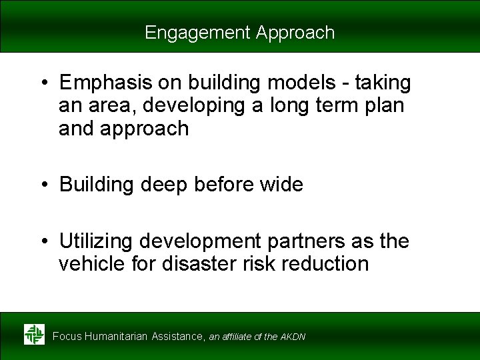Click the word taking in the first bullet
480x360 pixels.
point(383,83)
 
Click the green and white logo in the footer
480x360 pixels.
point(34,334)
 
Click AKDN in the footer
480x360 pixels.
point(293,337)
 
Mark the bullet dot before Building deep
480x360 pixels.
point(44,185)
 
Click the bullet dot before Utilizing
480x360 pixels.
point(44,241)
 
